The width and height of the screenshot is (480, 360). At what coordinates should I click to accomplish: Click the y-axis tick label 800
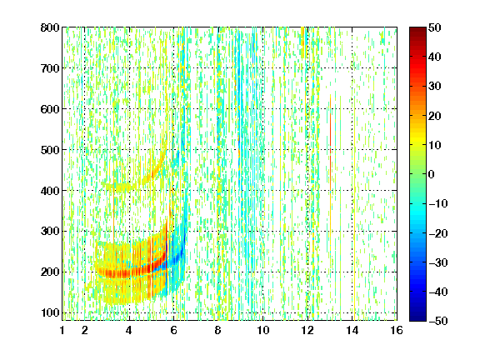pyautogui.click(x=50, y=27)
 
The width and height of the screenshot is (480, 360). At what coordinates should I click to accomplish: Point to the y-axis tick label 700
pyautogui.click(x=50, y=68)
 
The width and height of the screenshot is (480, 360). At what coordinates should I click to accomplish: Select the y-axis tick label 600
pyautogui.click(x=50, y=109)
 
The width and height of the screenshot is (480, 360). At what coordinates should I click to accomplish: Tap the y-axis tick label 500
pyautogui.click(x=50, y=150)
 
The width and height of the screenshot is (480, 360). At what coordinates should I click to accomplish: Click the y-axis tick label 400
pyautogui.click(x=50, y=191)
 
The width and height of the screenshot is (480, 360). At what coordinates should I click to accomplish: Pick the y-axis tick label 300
pyautogui.click(x=50, y=231)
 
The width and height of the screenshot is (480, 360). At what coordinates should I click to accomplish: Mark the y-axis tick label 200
pyautogui.click(x=50, y=272)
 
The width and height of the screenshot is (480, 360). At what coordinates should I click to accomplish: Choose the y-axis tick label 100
pyautogui.click(x=50, y=312)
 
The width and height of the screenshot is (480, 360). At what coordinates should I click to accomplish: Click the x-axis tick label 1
pyautogui.click(x=62, y=330)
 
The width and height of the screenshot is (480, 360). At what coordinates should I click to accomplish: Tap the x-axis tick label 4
pyautogui.click(x=129, y=330)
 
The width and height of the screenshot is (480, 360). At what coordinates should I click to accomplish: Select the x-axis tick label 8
pyautogui.click(x=217, y=330)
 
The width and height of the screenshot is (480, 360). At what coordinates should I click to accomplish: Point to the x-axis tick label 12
pyautogui.click(x=307, y=330)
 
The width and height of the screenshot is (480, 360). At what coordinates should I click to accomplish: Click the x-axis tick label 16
pyautogui.click(x=397, y=330)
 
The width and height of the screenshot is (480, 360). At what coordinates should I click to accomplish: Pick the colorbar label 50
pyautogui.click(x=434, y=27)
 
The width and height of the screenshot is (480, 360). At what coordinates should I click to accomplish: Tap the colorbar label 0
pyautogui.click(x=432, y=174)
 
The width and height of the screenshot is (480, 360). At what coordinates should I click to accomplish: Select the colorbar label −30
pyautogui.click(x=438, y=262)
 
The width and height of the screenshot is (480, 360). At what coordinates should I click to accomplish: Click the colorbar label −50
pyautogui.click(x=438, y=321)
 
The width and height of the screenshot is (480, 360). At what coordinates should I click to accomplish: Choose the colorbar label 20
pyautogui.click(x=434, y=116)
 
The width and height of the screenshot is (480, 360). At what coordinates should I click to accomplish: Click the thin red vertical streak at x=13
pyautogui.click(x=330, y=144)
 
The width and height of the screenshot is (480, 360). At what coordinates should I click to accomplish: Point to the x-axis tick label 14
pyautogui.click(x=352, y=330)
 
